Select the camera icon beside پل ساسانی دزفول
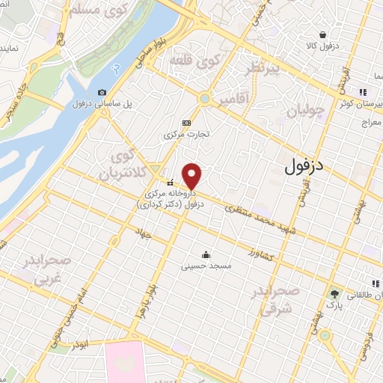click(x=102, y=92)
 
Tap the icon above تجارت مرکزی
click(x=186, y=123)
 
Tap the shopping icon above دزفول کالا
click(x=322, y=34)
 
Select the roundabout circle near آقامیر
click(x=204, y=99)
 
